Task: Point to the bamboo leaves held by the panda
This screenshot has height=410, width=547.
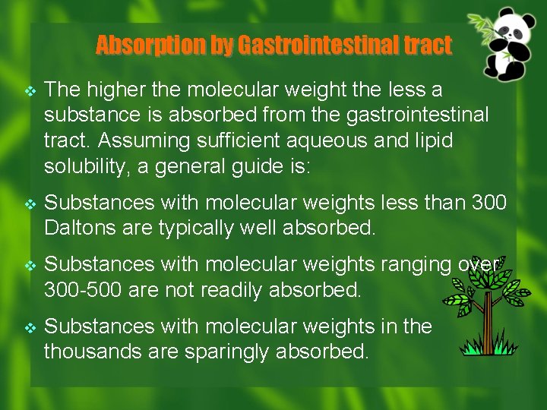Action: pyautogui.click(x=483, y=28)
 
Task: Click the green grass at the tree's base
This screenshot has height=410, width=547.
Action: pyautogui.click(x=487, y=348)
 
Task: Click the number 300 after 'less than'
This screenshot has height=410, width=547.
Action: pyautogui.click(x=489, y=203)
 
